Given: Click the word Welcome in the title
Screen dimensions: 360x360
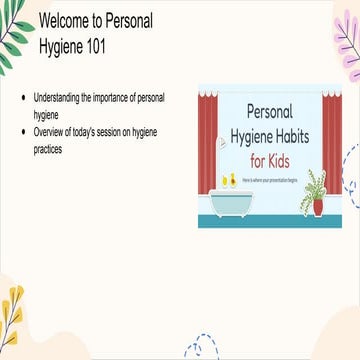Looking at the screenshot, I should (x=66, y=20).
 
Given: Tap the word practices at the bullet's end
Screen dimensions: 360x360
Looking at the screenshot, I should (x=49, y=149).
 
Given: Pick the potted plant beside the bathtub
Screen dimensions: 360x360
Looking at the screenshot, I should (x=316, y=195).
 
